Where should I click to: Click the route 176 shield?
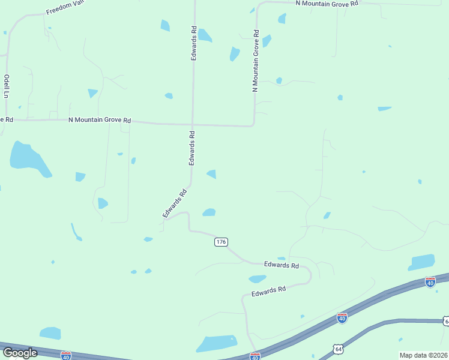221,242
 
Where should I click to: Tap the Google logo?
19,353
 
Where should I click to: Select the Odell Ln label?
7,86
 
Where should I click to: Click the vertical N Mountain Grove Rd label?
256,60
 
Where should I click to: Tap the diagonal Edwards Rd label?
175,203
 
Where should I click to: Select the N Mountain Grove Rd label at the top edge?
327,3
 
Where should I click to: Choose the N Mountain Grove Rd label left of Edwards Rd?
100,120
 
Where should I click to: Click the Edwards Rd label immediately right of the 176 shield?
282,265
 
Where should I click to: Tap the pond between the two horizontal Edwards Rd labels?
258,278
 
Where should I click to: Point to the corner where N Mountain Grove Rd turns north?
254,125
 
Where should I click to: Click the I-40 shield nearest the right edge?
430,281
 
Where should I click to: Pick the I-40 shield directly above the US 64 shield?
342,317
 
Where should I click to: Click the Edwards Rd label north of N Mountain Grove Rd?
193,42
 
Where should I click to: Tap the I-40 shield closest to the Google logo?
66,356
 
